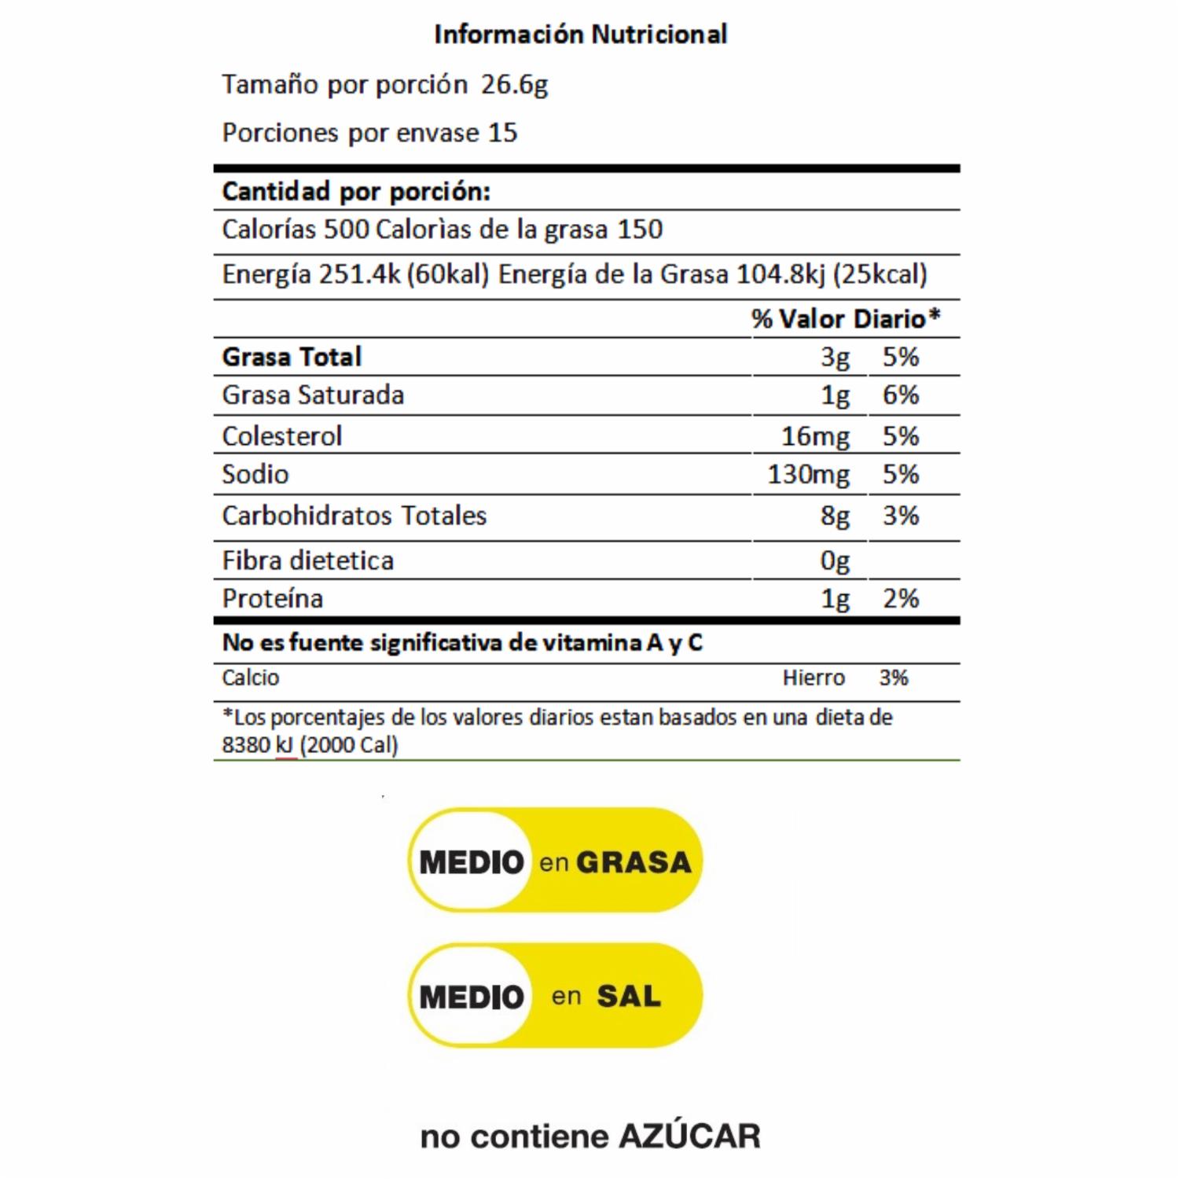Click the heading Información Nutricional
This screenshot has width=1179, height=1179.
pos(581,35)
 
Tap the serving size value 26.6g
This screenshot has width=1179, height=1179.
pos(514,85)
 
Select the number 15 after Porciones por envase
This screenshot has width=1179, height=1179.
pos(503,133)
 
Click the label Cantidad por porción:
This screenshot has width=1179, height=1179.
pos(356,191)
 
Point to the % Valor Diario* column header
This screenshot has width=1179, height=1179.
pos(846,318)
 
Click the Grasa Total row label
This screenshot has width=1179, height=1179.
pos(292,357)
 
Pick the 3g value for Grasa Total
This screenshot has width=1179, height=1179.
pos(835,358)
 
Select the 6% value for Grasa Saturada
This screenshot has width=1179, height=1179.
pos(901,395)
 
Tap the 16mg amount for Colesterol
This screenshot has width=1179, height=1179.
pos(815,436)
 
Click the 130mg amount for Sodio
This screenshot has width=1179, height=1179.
pos(808,475)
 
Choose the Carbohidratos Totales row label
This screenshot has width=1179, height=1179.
pos(354,516)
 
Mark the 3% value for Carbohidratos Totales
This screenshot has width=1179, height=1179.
pos(901,516)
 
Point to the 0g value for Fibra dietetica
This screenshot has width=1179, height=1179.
pos(835,561)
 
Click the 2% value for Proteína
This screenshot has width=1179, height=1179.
pos(901,599)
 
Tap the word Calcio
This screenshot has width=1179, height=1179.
pos(251,678)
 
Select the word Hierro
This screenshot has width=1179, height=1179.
pos(814,678)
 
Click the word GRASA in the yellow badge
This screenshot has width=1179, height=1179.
pos(634,862)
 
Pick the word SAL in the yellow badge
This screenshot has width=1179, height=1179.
pos(629,997)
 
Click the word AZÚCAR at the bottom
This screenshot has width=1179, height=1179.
pos(689,1137)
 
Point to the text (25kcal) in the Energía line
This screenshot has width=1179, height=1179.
pos(880,274)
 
